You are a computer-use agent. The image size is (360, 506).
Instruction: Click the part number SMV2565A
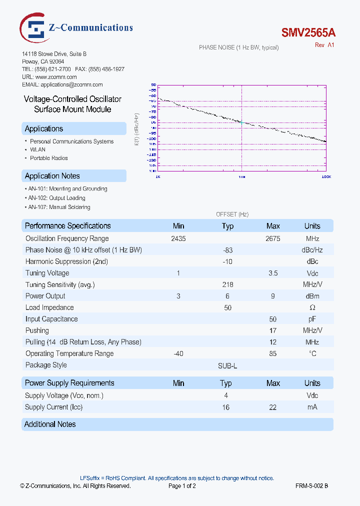[x=308, y=33]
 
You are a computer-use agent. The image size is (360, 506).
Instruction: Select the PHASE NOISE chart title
[x=238, y=47]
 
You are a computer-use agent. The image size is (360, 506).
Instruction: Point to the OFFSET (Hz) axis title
[x=232, y=214]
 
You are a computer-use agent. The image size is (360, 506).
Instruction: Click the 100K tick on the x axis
[x=325, y=177]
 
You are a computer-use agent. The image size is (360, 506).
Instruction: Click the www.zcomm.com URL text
[x=55, y=77]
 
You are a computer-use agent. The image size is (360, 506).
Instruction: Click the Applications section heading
[x=44, y=128]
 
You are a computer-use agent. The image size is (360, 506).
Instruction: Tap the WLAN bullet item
[x=37, y=149]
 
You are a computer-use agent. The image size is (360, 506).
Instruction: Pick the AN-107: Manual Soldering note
[x=59, y=207]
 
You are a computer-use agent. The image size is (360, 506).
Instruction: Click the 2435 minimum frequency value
[x=178, y=239]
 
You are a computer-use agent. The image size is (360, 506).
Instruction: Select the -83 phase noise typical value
[x=227, y=250]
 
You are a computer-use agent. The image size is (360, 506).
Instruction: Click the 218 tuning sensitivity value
[x=227, y=284]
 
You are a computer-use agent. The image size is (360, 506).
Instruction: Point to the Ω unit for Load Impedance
[x=312, y=307]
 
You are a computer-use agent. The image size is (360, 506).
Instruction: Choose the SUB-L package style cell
[x=227, y=366]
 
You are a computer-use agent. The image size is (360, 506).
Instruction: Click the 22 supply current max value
[x=273, y=407]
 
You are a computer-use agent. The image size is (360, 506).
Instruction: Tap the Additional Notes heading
[x=50, y=424]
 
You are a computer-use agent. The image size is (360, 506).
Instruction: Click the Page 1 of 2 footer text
[x=182, y=485]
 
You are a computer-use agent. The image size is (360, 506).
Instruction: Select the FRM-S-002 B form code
[x=311, y=485]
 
